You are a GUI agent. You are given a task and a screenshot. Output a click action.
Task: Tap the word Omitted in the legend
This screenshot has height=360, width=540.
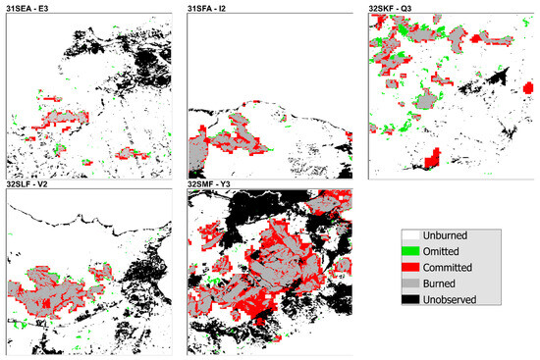tap(452, 252)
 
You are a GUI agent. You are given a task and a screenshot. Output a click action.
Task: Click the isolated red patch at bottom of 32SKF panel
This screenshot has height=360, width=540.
tap(429, 158)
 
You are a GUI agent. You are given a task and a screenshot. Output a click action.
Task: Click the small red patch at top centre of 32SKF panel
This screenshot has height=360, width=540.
tap(479, 39)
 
